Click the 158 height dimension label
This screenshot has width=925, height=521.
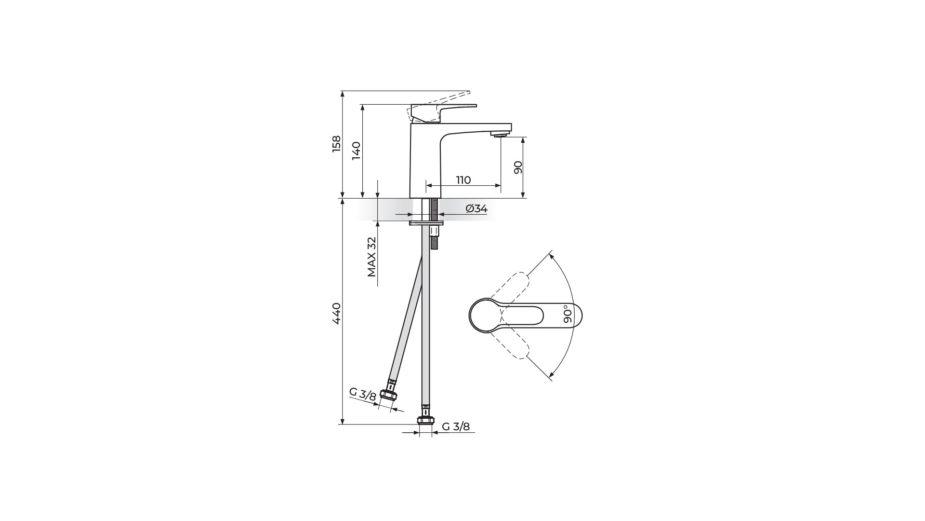[336, 144]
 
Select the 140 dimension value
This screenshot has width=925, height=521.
[356, 151]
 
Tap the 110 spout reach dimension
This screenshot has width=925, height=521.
[463, 180]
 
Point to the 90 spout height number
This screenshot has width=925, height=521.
[518, 167]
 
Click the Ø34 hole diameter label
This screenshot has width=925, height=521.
[476, 208]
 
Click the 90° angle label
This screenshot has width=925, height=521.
[568, 313]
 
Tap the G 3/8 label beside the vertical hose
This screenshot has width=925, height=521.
[456, 426]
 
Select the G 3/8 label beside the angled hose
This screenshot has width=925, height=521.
[363, 394]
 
